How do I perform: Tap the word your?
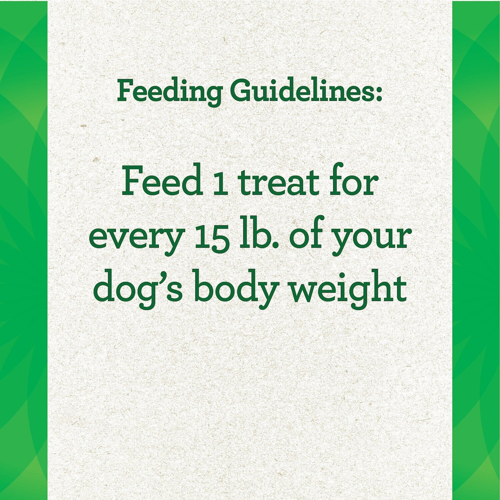(370, 240)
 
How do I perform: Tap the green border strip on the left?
(24, 250)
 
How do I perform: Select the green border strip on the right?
(476, 250)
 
